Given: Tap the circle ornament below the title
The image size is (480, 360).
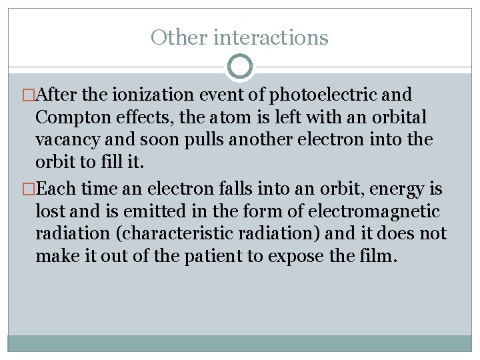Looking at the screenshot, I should (x=240, y=66).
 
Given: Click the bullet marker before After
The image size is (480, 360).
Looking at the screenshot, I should (x=27, y=95).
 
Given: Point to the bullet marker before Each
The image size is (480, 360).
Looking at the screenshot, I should (x=27, y=189).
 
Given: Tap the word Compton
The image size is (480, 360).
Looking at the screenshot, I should (x=70, y=118).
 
